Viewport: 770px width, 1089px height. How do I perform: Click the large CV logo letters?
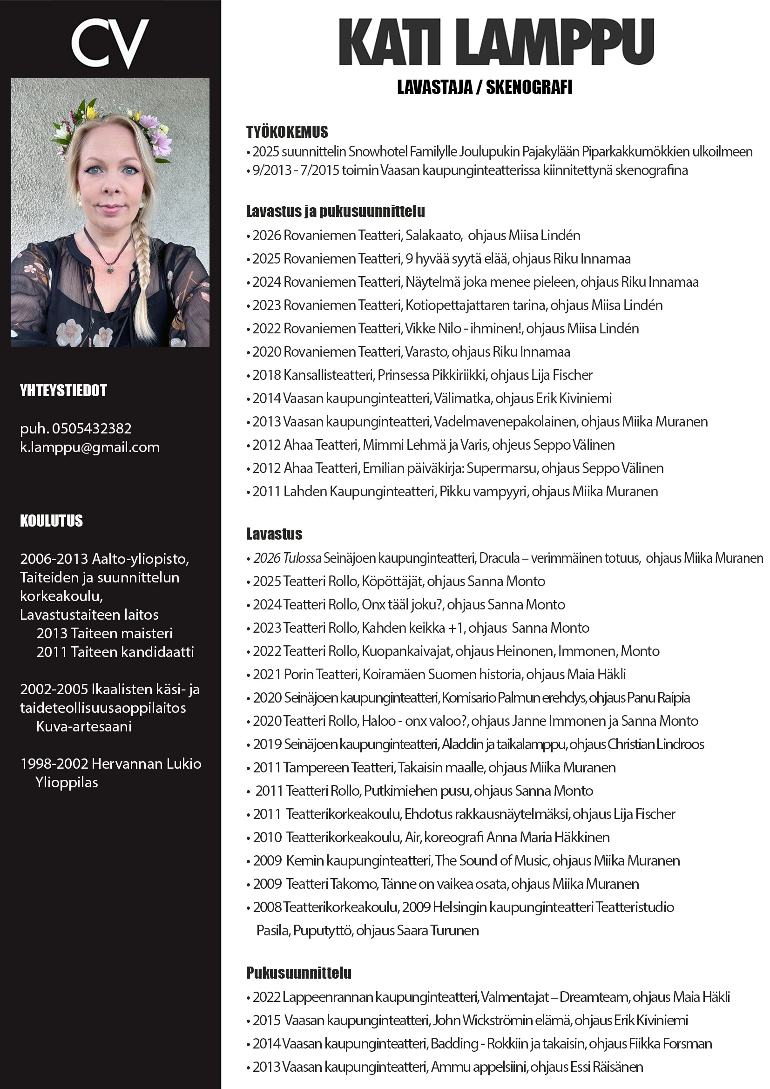coord(110,43)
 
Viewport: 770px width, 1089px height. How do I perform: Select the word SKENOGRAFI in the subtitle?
coord(529,87)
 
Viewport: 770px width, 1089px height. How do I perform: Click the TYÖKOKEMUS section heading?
coord(287,132)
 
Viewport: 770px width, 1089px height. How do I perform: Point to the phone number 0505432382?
coord(92,428)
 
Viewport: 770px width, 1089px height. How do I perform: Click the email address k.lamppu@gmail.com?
coord(89,447)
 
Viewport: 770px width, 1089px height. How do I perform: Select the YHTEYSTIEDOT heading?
coord(63,390)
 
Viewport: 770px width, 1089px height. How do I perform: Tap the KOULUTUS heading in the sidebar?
coord(51,521)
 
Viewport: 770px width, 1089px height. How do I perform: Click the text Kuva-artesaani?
coord(84,726)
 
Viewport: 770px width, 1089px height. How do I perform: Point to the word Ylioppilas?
coord(67,782)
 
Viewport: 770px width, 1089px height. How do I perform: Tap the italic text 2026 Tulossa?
coord(287,558)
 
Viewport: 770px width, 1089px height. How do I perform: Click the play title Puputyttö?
coord(323,930)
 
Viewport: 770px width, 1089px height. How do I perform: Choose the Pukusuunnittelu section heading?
coord(299,973)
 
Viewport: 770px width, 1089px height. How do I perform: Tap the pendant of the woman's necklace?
coord(110,270)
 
